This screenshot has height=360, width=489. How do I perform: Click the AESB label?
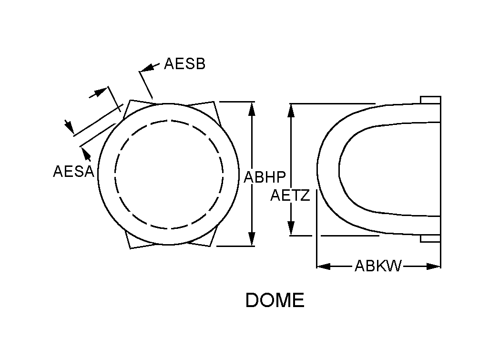point(184,63)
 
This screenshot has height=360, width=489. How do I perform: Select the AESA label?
point(73,171)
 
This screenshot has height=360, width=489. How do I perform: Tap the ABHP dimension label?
point(265,177)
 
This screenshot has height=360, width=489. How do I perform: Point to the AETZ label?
point(290,195)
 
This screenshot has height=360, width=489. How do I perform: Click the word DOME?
point(275,300)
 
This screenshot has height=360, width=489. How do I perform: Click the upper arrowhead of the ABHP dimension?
point(252,109)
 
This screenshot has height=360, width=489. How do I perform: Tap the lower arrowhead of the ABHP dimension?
point(252,239)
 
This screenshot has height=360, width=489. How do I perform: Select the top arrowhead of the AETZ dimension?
point(291,111)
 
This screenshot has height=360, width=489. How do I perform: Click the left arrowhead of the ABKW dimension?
point(324,267)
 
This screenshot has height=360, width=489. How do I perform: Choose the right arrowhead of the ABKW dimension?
point(434,267)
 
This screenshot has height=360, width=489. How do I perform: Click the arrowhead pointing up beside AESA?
point(86,154)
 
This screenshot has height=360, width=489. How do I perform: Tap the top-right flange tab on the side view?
point(430,100)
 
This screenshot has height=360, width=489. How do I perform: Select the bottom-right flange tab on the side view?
point(430,238)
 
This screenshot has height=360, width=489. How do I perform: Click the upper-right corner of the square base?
point(214,102)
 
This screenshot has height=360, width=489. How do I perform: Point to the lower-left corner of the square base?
point(131,248)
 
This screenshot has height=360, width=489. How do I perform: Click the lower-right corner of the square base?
point(211,246)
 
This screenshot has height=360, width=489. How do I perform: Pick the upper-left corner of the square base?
point(130,100)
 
